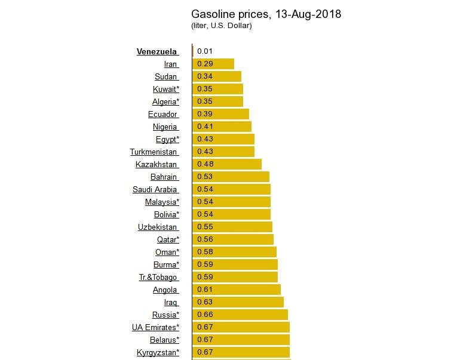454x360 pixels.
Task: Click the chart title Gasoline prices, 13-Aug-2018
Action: [x=266, y=14]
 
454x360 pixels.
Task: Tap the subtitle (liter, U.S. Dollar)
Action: [x=221, y=26]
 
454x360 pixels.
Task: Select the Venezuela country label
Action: [x=157, y=51]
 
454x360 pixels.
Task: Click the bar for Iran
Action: [x=213, y=64]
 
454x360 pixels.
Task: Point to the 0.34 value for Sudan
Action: [x=205, y=76]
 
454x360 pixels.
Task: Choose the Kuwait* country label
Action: [x=165, y=89]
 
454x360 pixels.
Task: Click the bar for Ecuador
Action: [x=220, y=114]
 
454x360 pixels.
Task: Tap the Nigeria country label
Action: [x=165, y=127]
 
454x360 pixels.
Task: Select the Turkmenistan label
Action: [x=154, y=152]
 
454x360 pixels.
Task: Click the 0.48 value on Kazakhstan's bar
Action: [x=205, y=164]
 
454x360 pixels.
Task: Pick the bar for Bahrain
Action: [x=231, y=177]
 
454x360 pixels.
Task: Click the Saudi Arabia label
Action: [x=155, y=189]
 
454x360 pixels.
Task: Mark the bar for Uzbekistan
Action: [x=232, y=227]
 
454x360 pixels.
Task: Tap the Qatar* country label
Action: [x=168, y=239]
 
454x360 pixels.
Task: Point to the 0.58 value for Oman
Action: [x=205, y=252]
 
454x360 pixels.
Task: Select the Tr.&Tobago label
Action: [x=158, y=277]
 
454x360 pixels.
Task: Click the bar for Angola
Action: [x=237, y=290]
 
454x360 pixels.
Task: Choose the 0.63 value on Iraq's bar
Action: [x=205, y=302]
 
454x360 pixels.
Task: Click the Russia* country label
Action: [x=165, y=315]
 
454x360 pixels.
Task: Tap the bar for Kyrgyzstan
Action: [x=241, y=352]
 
